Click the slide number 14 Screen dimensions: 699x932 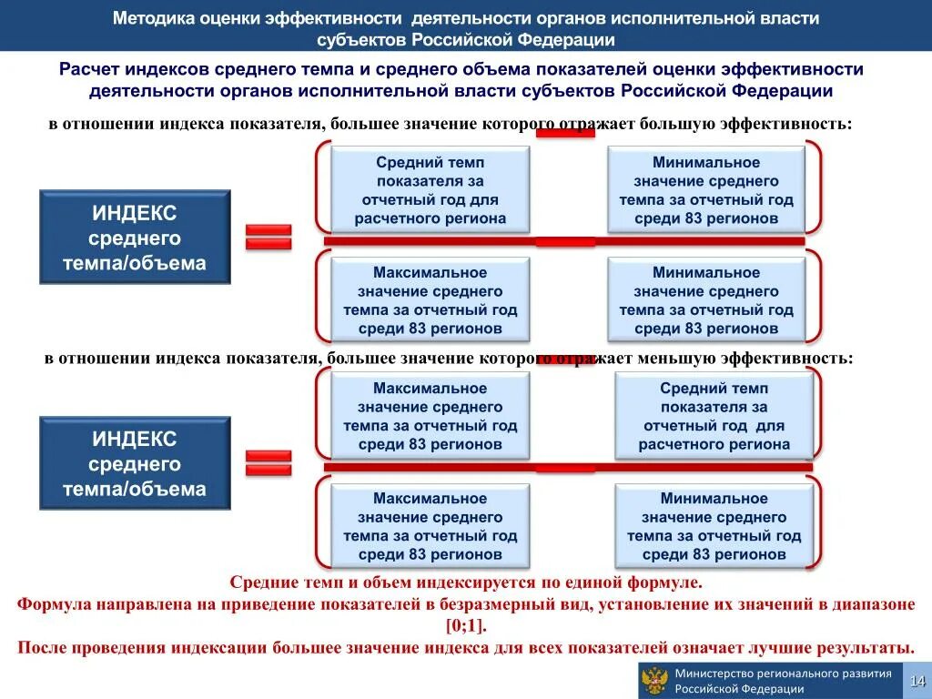coord(917,681)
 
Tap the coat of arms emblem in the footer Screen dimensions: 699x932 coord(653,681)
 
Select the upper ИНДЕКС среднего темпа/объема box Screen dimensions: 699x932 coord(135,238)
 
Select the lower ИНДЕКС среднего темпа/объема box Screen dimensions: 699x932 coord(135,463)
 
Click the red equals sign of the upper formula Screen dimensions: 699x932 coord(268,237)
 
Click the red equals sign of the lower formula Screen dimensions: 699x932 coord(268,462)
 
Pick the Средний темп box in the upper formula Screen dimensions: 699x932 coord(430,190)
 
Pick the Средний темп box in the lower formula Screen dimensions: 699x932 coord(714,417)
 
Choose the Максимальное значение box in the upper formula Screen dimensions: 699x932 coord(430,300)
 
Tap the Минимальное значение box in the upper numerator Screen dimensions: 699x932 coord(706,190)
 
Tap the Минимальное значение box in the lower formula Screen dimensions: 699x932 coord(714,526)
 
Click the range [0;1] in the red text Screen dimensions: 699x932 coord(466,625)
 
